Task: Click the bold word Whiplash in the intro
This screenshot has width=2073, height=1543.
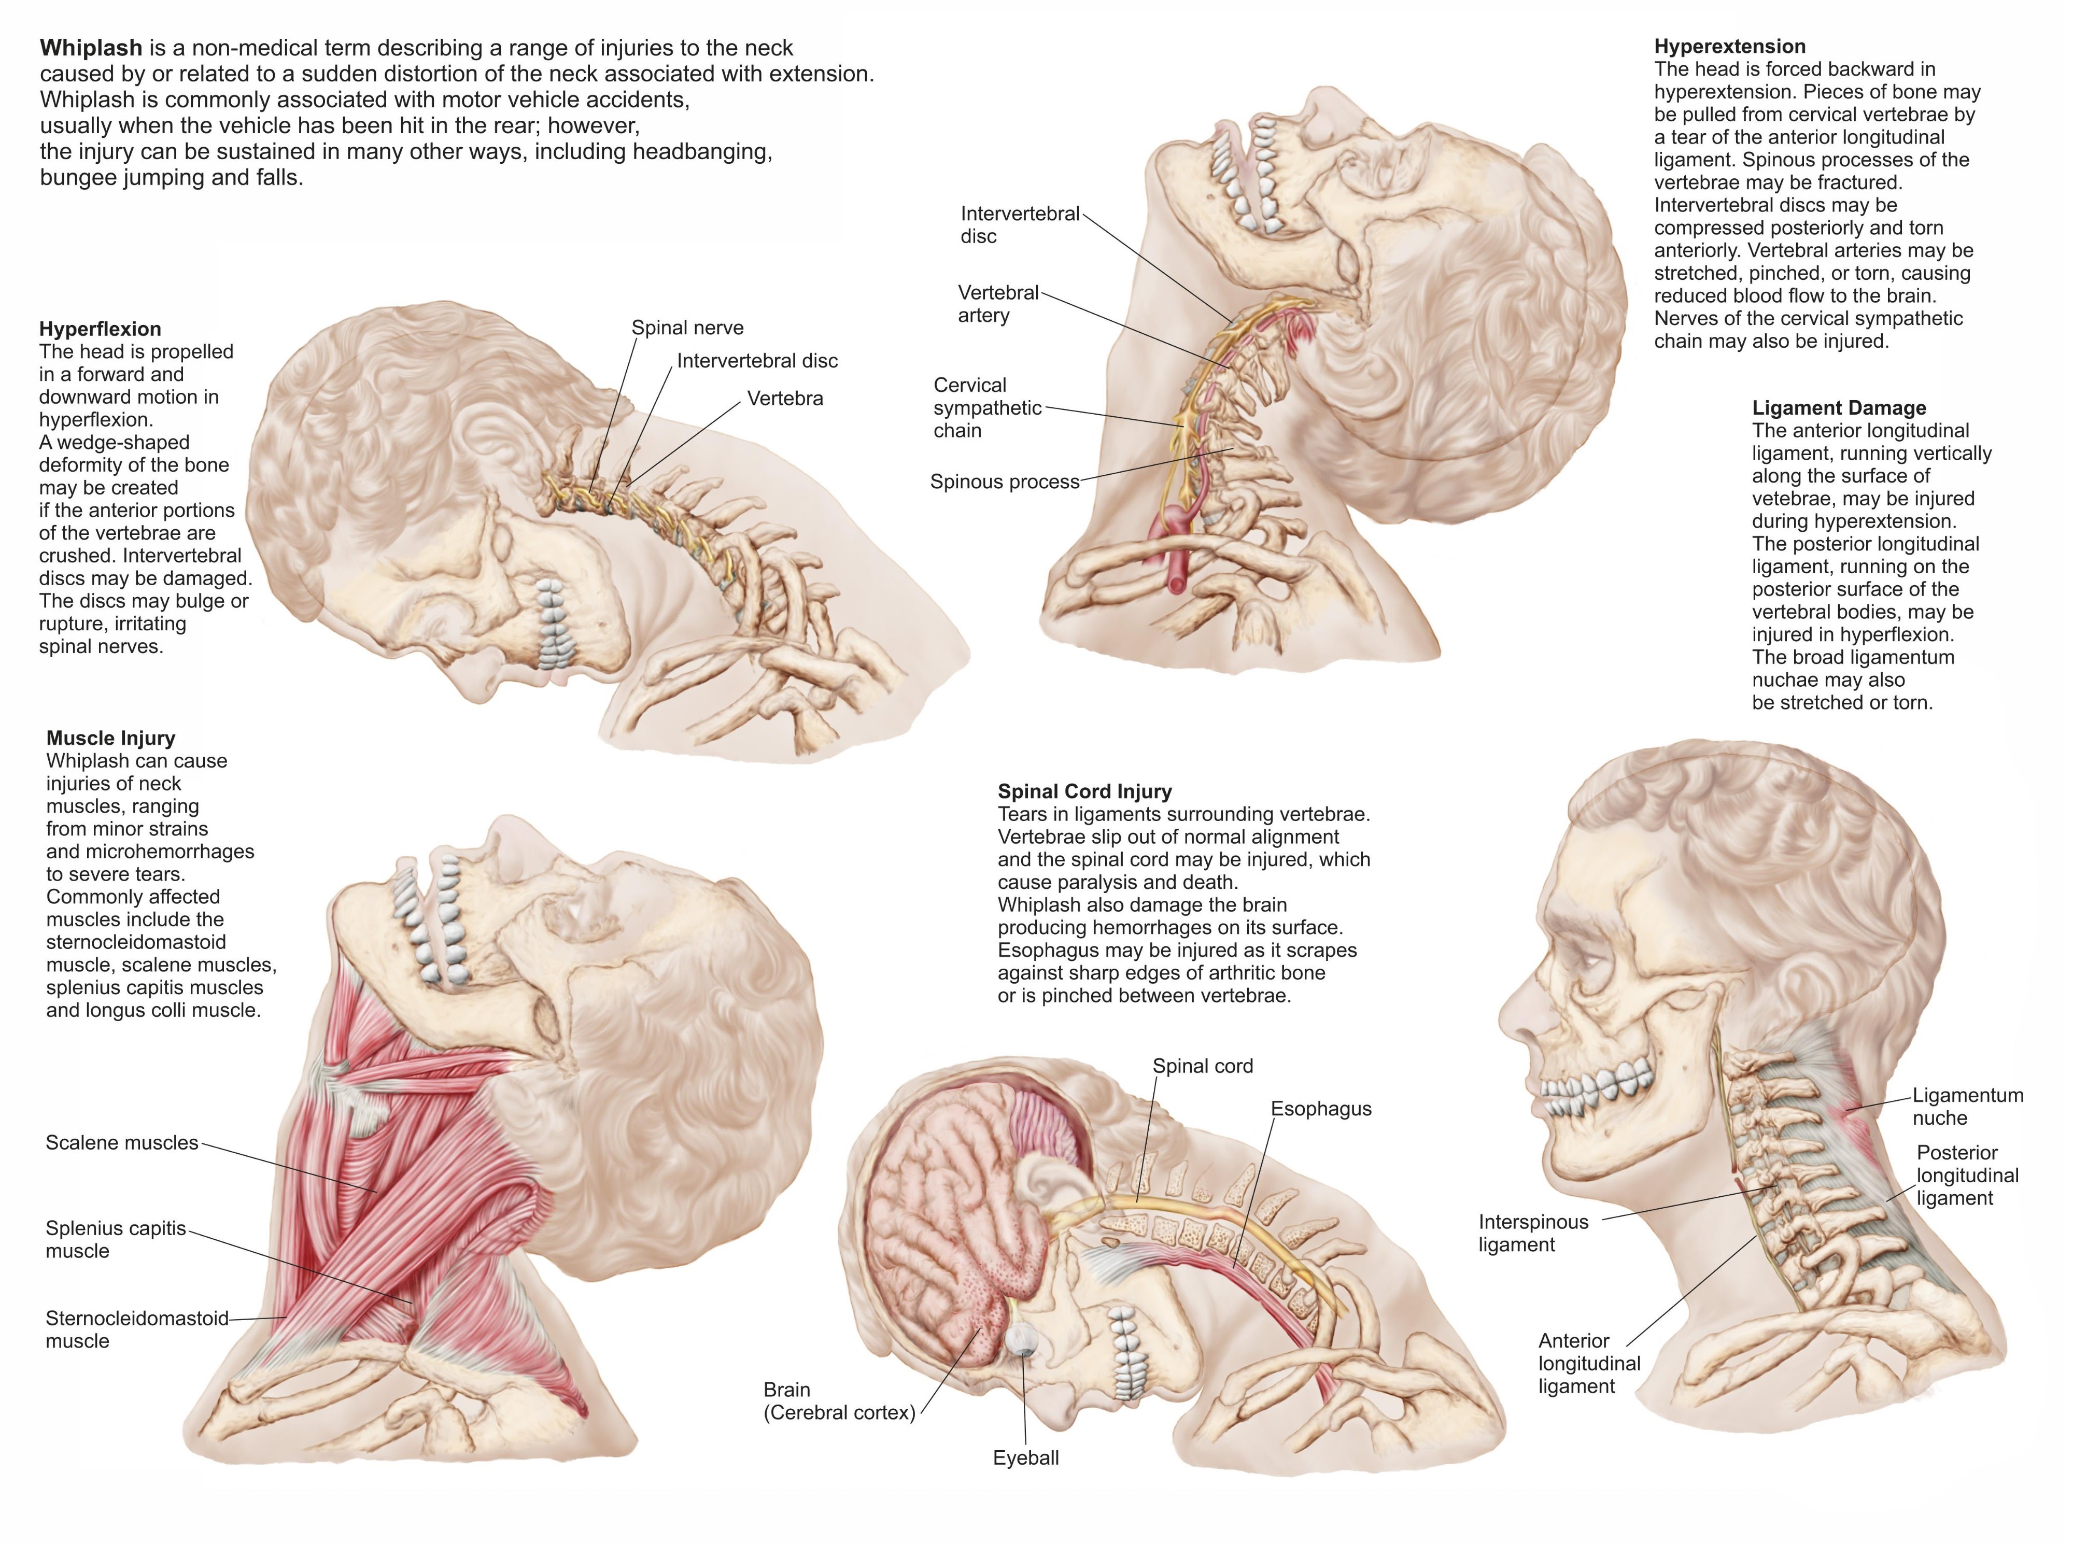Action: (91, 48)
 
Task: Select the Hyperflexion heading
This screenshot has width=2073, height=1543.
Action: (100, 329)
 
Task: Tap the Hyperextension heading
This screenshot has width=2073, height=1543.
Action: (1729, 47)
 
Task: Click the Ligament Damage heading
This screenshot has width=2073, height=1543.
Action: (1839, 407)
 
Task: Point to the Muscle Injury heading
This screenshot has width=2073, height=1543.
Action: (110, 738)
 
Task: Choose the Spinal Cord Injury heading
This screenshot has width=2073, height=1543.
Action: (1084, 791)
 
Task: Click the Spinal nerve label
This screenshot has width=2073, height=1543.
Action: (687, 328)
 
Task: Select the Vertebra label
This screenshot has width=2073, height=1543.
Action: (785, 399)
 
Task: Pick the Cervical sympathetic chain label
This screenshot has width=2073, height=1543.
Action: (986, 407)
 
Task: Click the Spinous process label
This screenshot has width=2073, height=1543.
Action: (1004, 482)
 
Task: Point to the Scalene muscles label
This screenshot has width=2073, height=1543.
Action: (121, 1142)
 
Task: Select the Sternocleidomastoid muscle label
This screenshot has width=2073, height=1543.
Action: (136, 1329)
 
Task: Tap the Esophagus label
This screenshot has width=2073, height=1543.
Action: (1320, 1109)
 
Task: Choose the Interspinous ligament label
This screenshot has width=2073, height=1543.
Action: (1532, 1233)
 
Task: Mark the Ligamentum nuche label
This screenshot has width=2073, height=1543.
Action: (1967, 1106)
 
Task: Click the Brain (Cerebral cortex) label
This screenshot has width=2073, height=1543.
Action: (838, 1401)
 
